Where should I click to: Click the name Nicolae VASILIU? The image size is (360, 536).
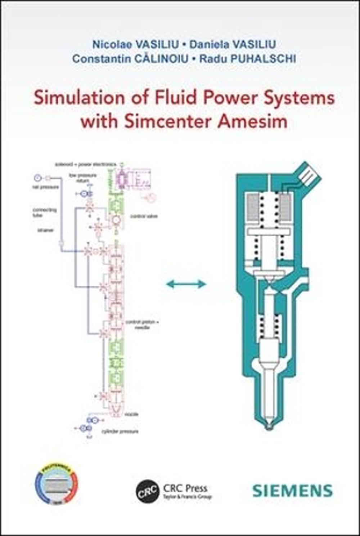pyautogui.click(x=135, y=44)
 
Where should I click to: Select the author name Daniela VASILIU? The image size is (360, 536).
pyautogui.click(x=233, y=44)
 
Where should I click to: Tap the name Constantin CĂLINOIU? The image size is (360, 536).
pyautogui.click(x=130, y=59)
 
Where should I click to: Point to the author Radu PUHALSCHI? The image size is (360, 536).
pyautogui.click(x=248, y=59)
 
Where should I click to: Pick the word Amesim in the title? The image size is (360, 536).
pyautogui.click(x=252, y=121)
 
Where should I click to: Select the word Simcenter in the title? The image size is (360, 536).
pyautogui.click(x=168, y=121)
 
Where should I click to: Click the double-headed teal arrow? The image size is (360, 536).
pyautogui.click(x=186, y=284)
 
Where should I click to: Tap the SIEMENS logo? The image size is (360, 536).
pyautogui.click(x=292, y=491)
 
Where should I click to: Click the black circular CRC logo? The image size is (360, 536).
pyautogui.click(x=147, y=491)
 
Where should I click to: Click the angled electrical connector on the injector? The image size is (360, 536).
pyautogui.click(x=307, y=175)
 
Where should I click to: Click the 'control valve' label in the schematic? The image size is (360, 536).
pyautogui.click(x=144, y=216)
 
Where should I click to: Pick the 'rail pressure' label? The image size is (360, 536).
pyautogui.click(x=45, y=187)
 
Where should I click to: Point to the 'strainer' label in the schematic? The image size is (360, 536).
pyautogui.click(x=45, y=230)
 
